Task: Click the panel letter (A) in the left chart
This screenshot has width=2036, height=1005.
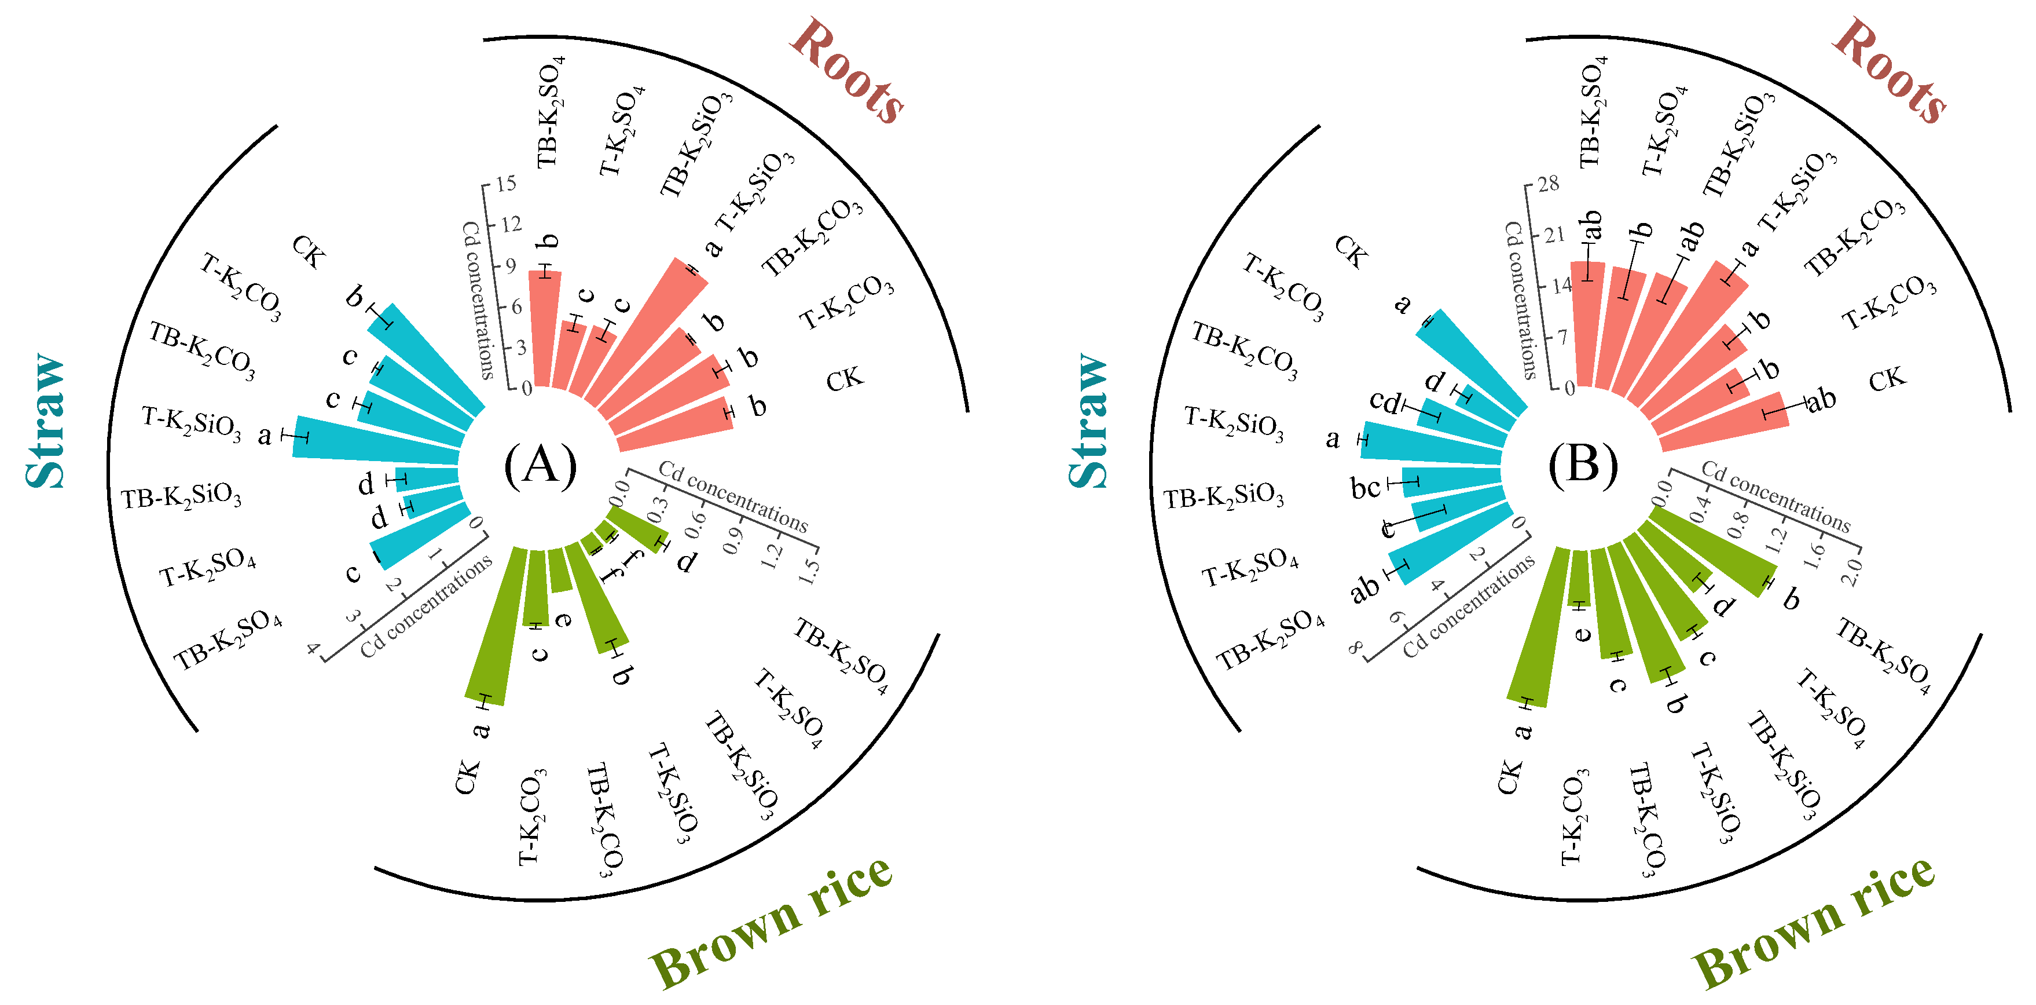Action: tap(541, 465)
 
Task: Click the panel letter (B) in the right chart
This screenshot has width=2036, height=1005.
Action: tap(1583, 465)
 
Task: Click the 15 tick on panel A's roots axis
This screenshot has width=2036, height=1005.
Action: tap(507, 184)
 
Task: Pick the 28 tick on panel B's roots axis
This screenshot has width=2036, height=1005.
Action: tap(1549, 184)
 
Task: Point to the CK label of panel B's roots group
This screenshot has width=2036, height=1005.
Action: tap(1887, 379)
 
